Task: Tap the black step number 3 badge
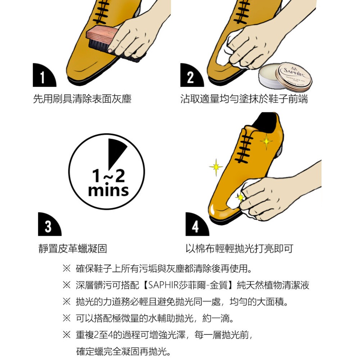click(x=48, y=225)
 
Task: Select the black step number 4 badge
click(x=195, y=225)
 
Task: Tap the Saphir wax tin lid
click(x=293, y=76)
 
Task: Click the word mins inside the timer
click(x=108, y=190)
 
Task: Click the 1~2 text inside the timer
click(x=108, y=176)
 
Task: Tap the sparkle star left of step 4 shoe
click(x=216, y=166)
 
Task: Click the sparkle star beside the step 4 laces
click(x=266, y=141)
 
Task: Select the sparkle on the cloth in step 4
click(x=240, y=197)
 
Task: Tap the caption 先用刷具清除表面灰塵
click(x=82, y=99)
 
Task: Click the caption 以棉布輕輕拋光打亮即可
click(x=239, y=248)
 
